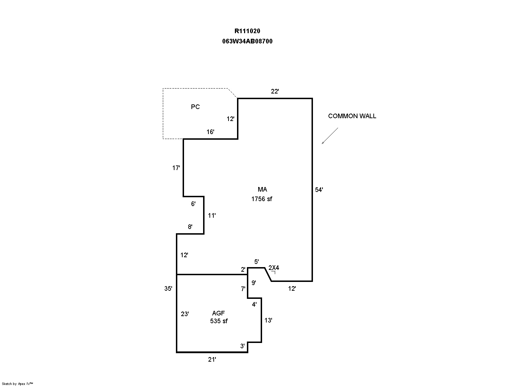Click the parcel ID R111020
coord(247,31)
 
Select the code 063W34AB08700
coord(247,41)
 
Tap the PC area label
coord(195,107)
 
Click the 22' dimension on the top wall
coord(275,91)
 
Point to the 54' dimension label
coord(319,190)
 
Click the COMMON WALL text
coord(352,116)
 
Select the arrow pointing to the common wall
coord(330,136)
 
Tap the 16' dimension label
coord(211,132)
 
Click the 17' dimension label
coord(176,168)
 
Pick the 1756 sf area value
coord(262,199)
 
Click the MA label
coord(262,190)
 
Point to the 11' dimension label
coord(212,216)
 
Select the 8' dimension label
coord(190,227)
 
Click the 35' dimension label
coord(168,289)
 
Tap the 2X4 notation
coord(274,268)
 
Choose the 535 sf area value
coord(219,321)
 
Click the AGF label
coord(218,313)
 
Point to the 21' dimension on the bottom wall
coord(212,360)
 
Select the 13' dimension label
coord(268,320)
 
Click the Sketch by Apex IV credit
coord(17,384)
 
